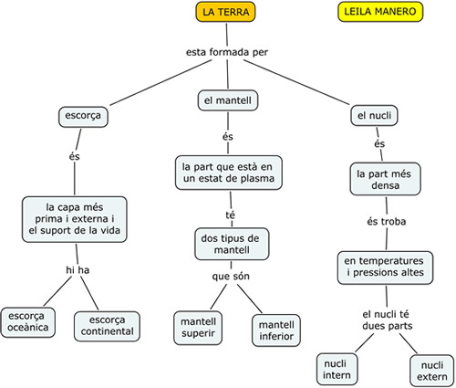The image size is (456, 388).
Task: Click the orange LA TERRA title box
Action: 225,12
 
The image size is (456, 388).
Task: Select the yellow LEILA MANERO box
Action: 380,12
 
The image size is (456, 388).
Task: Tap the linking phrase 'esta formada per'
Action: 227,52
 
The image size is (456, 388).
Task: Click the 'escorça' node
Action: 83,117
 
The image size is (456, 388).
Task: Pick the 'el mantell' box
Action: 228,100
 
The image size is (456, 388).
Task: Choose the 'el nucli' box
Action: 374,115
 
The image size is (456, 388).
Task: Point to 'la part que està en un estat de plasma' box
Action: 229,173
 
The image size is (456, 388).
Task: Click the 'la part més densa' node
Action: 385,179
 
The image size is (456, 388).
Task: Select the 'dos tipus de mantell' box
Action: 232,244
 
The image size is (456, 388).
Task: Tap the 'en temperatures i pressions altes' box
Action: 385,267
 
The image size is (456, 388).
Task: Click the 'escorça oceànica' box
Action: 28,322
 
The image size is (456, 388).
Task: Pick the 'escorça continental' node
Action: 107,326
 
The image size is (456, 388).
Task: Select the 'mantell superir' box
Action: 198,328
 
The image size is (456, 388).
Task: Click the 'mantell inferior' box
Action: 276,330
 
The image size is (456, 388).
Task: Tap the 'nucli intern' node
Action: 337,369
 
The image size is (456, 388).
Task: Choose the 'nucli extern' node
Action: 432,371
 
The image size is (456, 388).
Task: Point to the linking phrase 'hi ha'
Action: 78,270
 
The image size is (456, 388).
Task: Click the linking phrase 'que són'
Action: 231,277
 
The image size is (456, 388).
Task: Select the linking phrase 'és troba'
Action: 386,221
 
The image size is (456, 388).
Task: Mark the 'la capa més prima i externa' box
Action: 75,219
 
